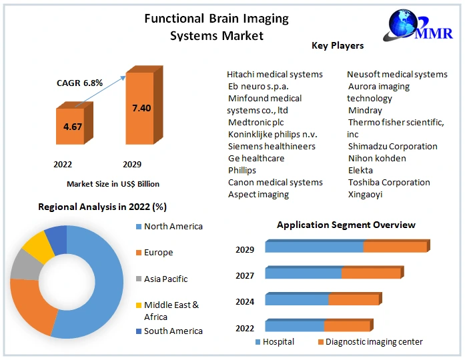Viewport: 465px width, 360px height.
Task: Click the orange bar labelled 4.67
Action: click(x=69, y=126)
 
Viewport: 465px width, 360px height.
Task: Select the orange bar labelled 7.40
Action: click(x=141, y=108)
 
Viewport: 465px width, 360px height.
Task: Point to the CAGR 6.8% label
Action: click(x=79, y=83)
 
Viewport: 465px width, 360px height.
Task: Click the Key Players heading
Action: click(x=338, y=46)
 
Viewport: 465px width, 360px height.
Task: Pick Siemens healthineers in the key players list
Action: click(x=272, y=146)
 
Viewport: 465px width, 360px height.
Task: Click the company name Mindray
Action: click(x=366, y=110)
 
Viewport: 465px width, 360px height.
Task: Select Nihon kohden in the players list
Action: click(x=377, y=158)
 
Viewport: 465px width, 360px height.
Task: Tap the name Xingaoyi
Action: click(x=366, y=194)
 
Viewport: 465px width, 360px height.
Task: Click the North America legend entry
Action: click(x=173, y=227)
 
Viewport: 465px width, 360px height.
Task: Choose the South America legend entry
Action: click(x=173, y=331)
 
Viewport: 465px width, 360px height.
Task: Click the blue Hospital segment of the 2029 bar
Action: click(x=314, y=247)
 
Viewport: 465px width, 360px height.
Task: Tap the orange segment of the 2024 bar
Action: click(x=354, y=300)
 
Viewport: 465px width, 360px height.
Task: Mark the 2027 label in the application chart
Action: click(x=245, y=275)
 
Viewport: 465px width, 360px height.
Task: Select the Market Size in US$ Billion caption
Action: click(x=113, y=183)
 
